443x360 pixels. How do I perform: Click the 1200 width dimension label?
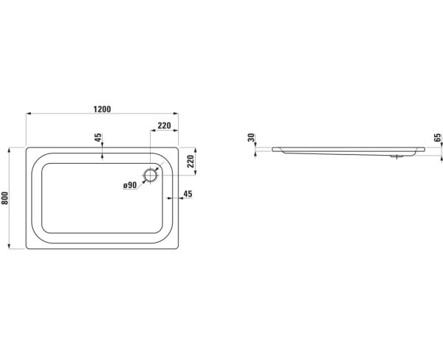tap(103, 109)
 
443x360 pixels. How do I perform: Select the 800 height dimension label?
tap(5, 198)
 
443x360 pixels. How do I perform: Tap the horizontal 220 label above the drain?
tap(165, 125)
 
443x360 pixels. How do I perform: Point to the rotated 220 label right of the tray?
tap(191, 162)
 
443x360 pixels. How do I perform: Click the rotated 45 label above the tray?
tap(97, 138)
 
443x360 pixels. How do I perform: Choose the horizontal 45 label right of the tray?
tap(188, 194)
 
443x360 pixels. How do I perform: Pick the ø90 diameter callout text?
tap(130, 185)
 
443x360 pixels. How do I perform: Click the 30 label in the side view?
tap(251, 137)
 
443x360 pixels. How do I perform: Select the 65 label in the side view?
tap(437, 137)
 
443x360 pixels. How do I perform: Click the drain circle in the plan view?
tap(151, 176)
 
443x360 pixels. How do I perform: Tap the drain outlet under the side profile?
tap(397, 156)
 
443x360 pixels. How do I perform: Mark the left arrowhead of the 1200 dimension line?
tap(28, 114)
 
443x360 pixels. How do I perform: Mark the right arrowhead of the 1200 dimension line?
tap(176, 114)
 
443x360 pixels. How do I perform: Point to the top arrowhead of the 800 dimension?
tap(10, 150)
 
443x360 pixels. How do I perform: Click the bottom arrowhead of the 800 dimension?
tap(10, 246)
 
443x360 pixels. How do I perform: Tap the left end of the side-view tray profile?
tap(272, 149)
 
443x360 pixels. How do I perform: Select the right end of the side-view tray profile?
tap(425, 149)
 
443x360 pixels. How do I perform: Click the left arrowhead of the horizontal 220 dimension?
tap(153, 130)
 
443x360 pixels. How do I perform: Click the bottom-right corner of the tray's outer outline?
tap(179, 249)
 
